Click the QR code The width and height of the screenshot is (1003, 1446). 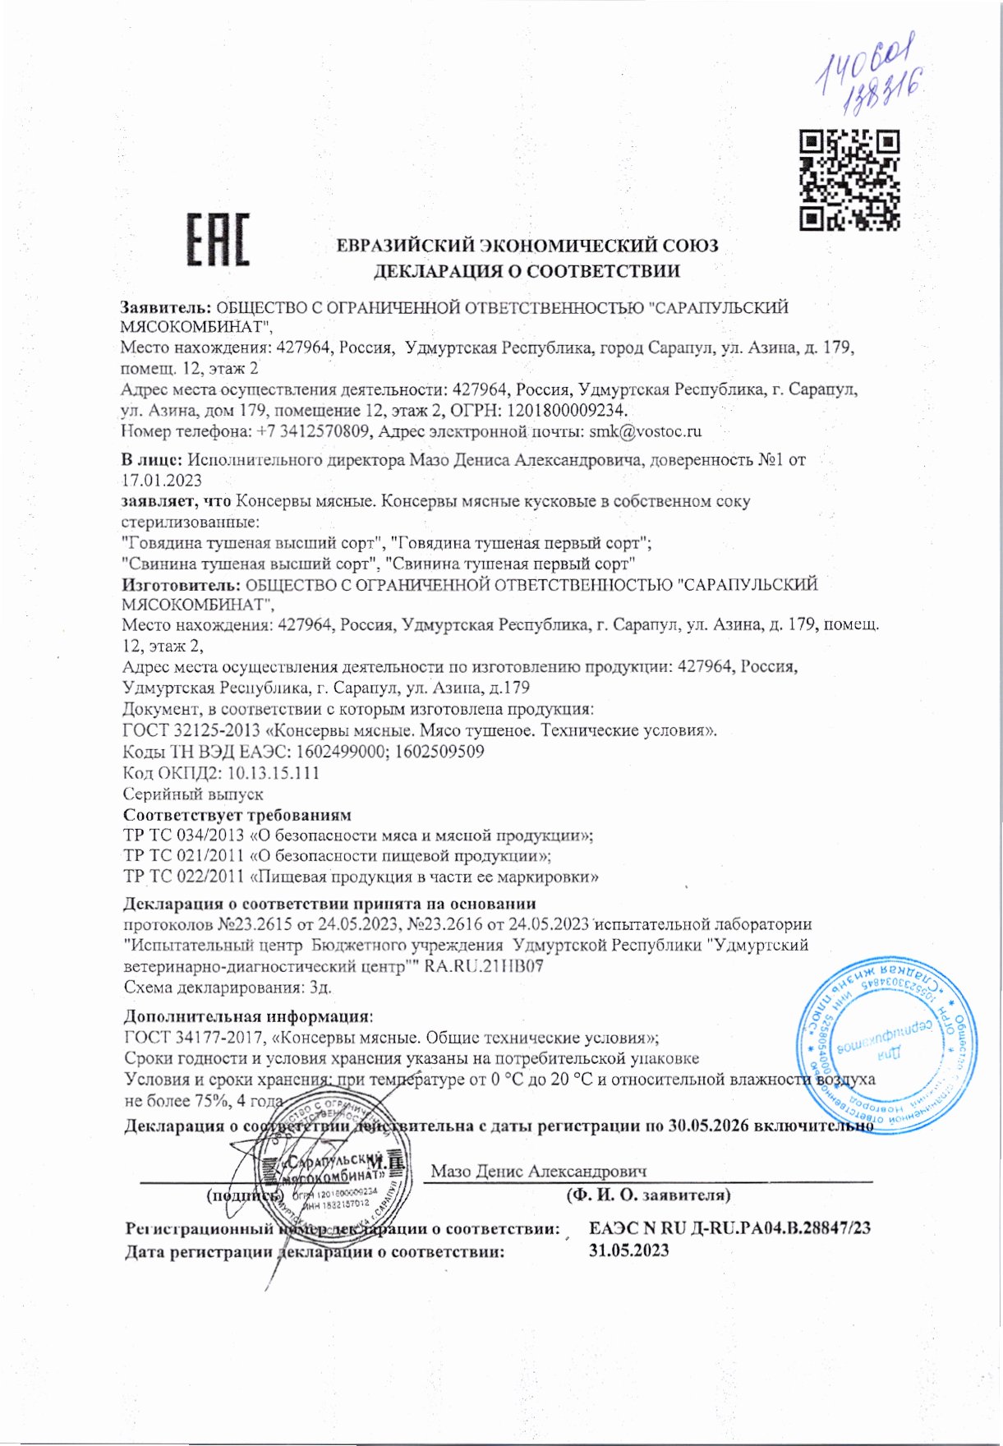click(x=849, y=179)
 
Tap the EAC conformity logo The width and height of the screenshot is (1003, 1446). click(x=218, y=240)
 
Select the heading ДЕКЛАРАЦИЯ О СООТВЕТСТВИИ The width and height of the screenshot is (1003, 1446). click(x=527, y=271)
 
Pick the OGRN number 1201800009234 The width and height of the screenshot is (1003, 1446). click(x=566, y=410)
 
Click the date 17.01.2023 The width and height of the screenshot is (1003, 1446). click(x=161, y=481)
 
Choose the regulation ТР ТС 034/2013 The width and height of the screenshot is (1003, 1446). click(x=183, y=836)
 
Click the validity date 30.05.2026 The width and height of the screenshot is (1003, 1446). click(x=708, y=1126)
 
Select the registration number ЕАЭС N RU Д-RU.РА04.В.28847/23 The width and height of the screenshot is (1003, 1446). click(x=729, y=1229)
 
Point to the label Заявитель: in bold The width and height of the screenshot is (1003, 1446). click(x=167, y=308)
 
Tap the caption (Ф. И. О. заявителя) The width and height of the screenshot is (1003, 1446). click(x=648, y=1195)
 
